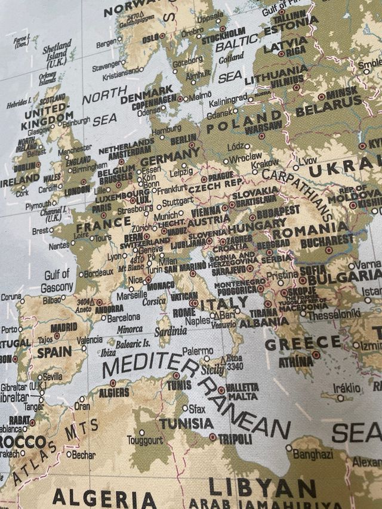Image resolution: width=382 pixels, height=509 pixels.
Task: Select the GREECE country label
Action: pyautogui.click(x=303, y=343)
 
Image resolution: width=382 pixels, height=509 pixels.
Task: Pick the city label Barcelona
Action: pyautogui.click(x=124, y=318)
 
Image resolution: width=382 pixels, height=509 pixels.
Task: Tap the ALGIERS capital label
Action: pyautogui.click(x=113, y=392)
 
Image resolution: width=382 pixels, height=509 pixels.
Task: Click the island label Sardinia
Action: pyautogui.click(x=170, y=331)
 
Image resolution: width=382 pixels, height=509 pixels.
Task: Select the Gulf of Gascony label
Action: pyautogui.click(x=57, y=281)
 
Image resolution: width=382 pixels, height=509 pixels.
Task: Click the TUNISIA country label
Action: pyautogui.click(x=186, y=423)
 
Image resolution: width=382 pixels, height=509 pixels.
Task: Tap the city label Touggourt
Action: pyautogui.click(x=144, y=440)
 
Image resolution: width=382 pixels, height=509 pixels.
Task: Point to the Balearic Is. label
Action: pyautogui.click(x=133, y=344)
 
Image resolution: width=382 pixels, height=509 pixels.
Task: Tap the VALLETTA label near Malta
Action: pyautogui.click(x=242, y=387)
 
